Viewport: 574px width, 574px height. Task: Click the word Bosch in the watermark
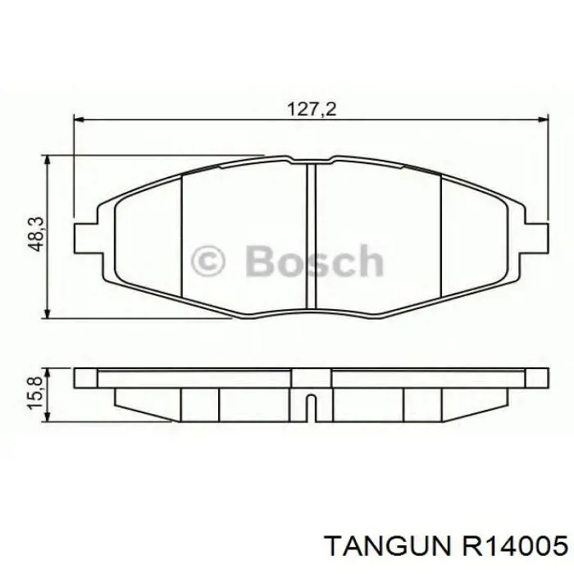(313, 263)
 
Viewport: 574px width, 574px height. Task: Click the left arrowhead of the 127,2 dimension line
(78, 121)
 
